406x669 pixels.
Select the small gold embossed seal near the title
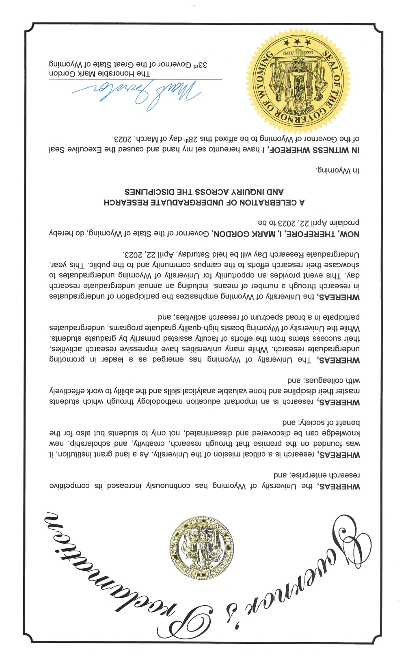point(201,548)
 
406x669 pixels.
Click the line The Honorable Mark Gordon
point(99,74)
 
